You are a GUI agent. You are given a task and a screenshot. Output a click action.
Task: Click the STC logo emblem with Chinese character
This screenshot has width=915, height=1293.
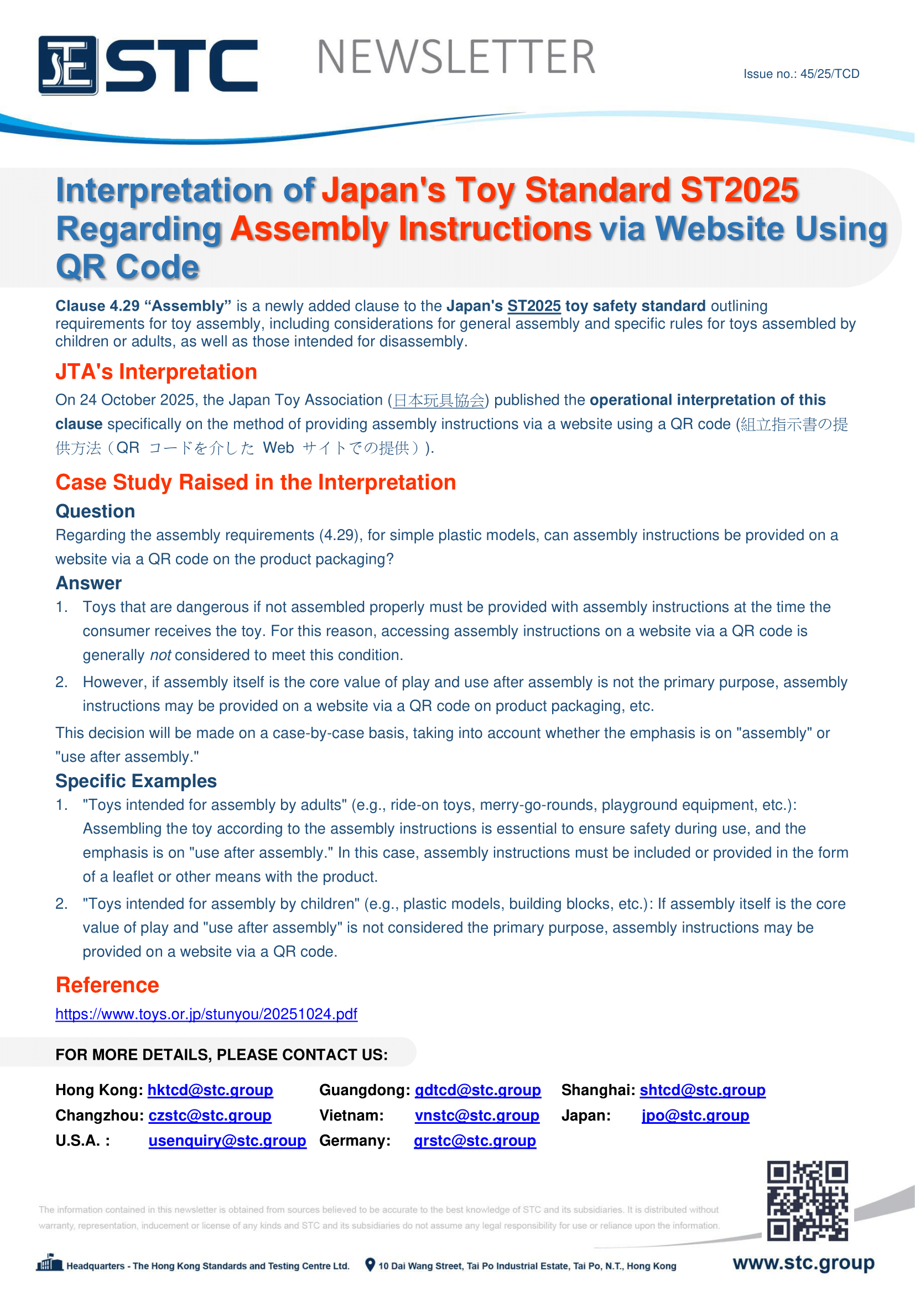[x=68, y=65]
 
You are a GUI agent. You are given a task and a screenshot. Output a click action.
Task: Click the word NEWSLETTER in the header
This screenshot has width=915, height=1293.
[x=456, y=57]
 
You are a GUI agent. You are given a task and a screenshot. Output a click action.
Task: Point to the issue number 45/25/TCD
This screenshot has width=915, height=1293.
[x=800, y=74]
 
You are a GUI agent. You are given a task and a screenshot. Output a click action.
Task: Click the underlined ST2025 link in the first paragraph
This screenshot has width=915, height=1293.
[x=533, y=306]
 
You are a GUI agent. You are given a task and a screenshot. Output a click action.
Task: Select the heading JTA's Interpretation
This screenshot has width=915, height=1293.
[x=156, y=371]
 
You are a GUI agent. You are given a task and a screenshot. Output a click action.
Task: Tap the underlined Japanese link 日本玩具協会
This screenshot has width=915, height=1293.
[x=438, y=400]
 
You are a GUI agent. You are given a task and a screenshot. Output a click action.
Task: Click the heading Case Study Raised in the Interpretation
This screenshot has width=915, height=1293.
[x=255, y=483]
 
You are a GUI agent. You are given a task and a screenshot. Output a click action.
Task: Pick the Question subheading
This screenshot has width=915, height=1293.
[x=95, y=511]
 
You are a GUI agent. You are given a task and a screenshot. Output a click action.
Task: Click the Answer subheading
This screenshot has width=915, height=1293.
[x=89, y=583]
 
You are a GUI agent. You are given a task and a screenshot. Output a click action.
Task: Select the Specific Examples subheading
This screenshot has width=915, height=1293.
[x=136, y=781]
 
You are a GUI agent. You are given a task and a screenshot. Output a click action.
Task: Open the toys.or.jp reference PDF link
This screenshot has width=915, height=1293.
[x=206, y=1014]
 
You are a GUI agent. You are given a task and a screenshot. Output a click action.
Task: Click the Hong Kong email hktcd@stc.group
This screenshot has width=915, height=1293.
[x=210, y=1090]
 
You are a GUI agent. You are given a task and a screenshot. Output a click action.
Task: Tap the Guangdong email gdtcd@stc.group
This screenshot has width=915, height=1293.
[x=478, y=1090]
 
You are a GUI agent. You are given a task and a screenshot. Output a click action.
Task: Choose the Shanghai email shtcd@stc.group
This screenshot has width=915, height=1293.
[x=703, y=1090]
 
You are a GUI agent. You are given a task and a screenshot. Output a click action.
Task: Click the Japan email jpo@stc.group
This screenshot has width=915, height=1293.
[x=695, y=1115]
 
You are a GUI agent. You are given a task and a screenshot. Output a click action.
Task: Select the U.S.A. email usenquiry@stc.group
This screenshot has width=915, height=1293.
[x=227, y=1140]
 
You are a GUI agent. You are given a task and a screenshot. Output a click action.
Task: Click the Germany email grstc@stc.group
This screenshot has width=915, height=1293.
[x=475, y=1140]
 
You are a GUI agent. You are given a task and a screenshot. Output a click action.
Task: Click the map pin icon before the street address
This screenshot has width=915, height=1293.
[x=370, y=1265]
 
